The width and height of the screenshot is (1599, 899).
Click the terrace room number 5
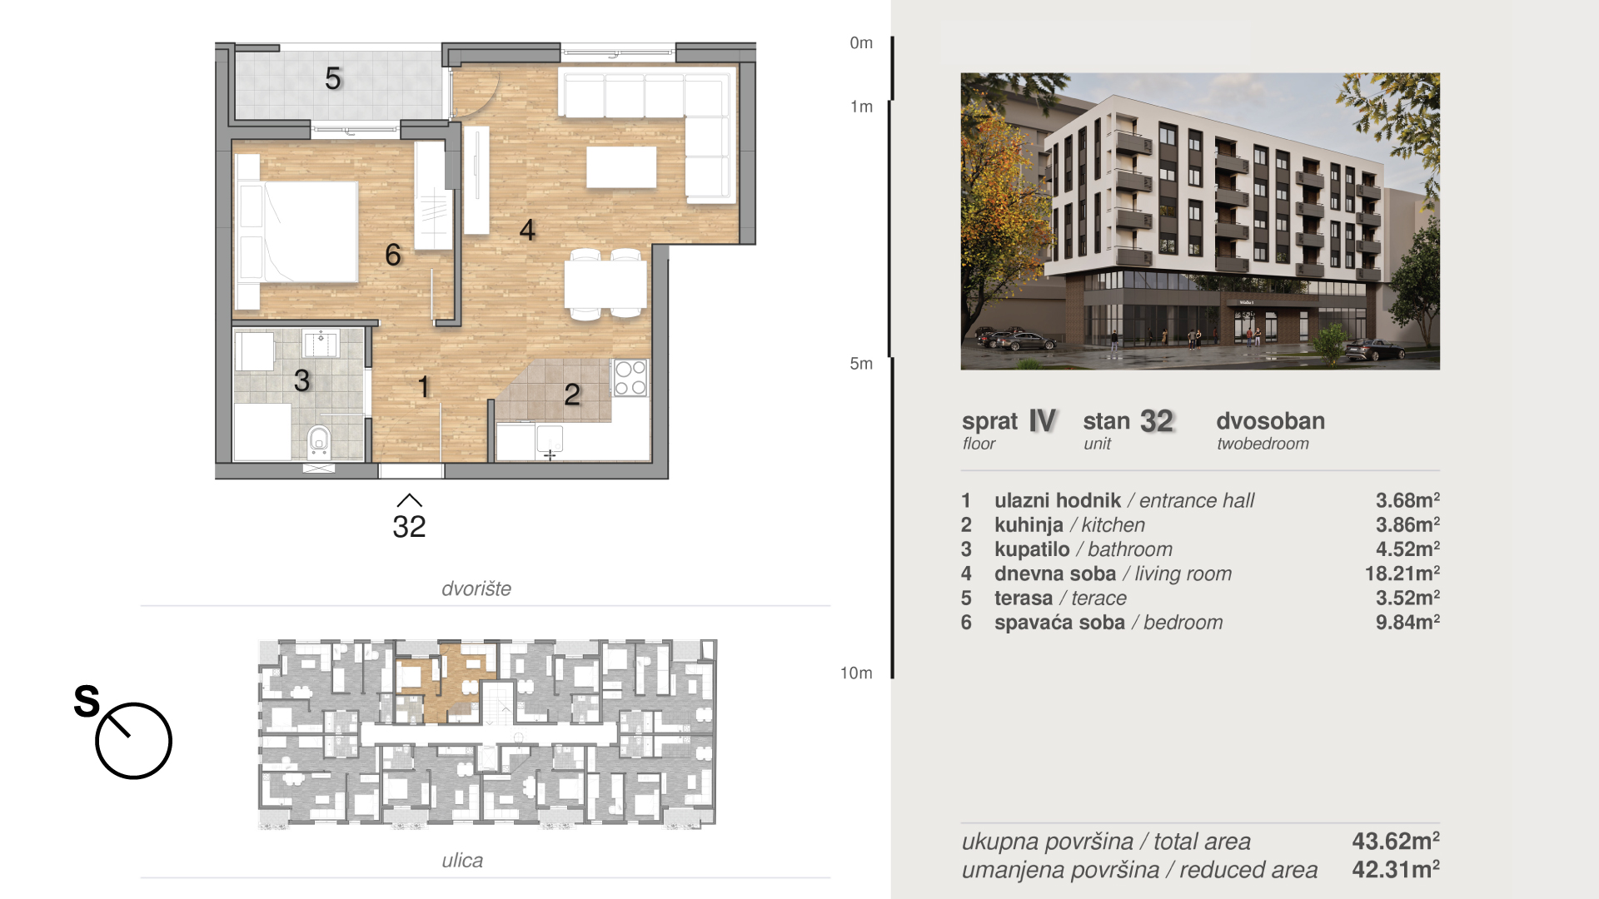click(333, 78)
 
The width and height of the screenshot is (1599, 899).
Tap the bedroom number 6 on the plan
click(393, 255)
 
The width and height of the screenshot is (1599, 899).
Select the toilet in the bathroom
click(319, 442)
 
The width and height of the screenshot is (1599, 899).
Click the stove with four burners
click(630, 378)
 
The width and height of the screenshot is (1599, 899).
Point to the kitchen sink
click(550, 439)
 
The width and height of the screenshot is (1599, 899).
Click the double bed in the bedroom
click(299, 231)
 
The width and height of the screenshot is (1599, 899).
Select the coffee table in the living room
click(621, 166)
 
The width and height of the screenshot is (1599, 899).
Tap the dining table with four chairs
click(606, 285)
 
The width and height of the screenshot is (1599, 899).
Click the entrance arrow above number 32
click(410, 500)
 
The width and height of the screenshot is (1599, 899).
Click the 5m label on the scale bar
click(861, 364)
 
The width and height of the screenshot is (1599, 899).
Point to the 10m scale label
click(856, 673)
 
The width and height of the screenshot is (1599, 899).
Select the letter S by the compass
click(87, 701)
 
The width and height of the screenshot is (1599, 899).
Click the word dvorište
click(476, 589)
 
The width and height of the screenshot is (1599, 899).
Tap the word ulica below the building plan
click(462, 860)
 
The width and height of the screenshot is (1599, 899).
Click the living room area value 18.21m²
click(1402, 574)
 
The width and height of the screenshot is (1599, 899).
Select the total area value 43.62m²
click(1396, 841)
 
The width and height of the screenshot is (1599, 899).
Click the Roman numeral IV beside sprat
click(1043, 421)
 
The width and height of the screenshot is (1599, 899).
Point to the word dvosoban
click(1271, 421)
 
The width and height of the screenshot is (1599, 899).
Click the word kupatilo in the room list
click(1032, 549)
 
